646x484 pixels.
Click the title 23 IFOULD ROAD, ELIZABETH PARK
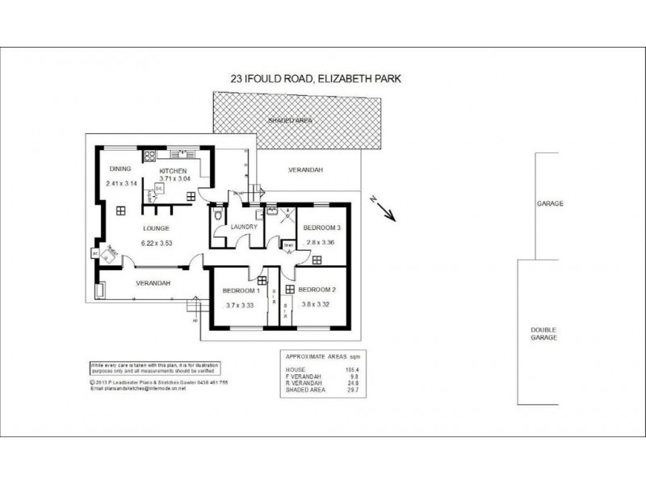317,79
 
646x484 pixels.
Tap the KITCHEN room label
173,172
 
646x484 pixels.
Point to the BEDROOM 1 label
240,290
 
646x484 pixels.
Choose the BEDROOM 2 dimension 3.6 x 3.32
317,305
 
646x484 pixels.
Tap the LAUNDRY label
243,227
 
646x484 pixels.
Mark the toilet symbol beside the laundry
216,217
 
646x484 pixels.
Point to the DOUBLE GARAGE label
543,334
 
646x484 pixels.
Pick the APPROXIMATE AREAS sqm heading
317,355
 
